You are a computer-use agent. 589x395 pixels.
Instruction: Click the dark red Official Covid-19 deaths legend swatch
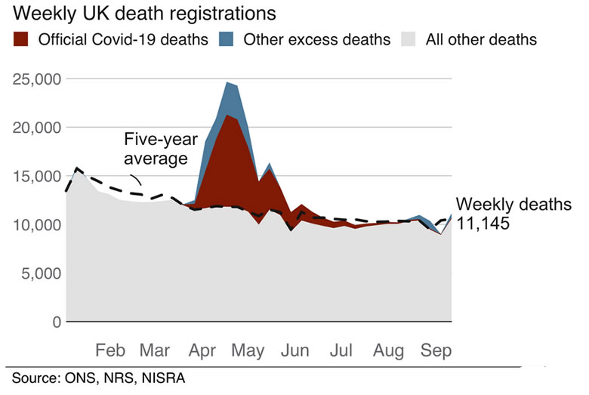click(x=22, y=39)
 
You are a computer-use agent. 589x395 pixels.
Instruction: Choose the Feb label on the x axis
click(x=110, y=350)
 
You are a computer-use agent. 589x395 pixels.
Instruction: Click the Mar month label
click(x=156, y=350)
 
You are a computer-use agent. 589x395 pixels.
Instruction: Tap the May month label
click(x=248, y=350)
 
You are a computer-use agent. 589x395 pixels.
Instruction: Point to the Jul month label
click(x=342, y=350)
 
